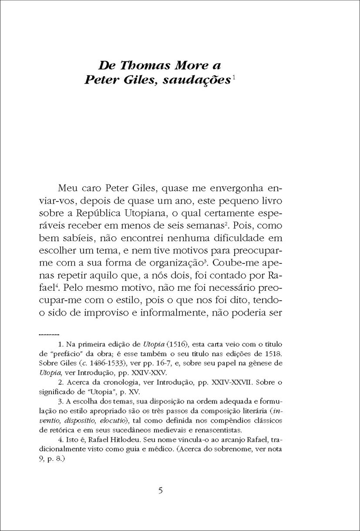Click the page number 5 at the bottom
click(161, 491)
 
